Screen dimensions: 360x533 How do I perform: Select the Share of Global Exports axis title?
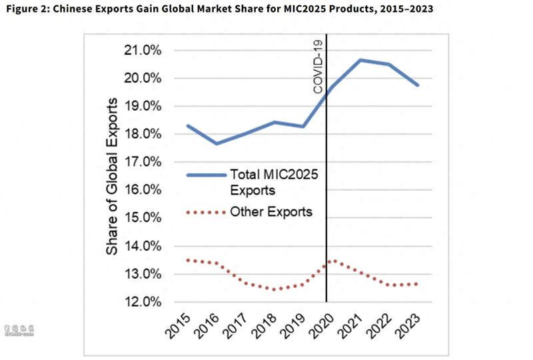[113, 176]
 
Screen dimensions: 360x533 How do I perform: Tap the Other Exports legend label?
[271, 213]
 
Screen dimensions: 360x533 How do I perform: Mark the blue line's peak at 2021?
[360, 60]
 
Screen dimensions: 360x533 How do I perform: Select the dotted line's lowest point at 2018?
[273, 289]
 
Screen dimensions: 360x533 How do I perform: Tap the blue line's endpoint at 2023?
[418, 85]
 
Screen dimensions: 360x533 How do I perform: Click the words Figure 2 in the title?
[26, 9]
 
